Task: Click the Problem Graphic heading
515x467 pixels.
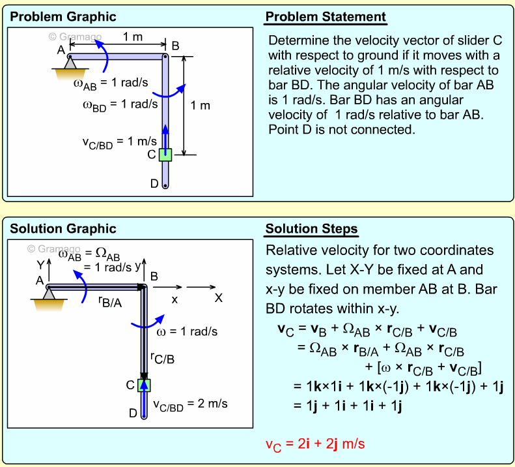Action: (x=63, y=16)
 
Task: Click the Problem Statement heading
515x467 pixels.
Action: (x=326, y=16)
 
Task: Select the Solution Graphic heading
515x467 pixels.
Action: (x=63, y=228)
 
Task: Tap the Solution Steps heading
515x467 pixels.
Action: (x=311, y=229)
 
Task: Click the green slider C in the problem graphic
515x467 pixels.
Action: (x=165, y=155)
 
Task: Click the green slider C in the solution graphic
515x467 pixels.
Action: (x=144, y=385)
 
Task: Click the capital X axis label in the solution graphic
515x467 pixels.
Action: (x=219, y=298)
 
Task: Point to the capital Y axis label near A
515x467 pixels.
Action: (x=40, y=265)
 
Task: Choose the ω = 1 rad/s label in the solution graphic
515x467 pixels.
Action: (x=188, y=331)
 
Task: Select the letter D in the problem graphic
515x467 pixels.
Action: (x=154, y=183)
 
